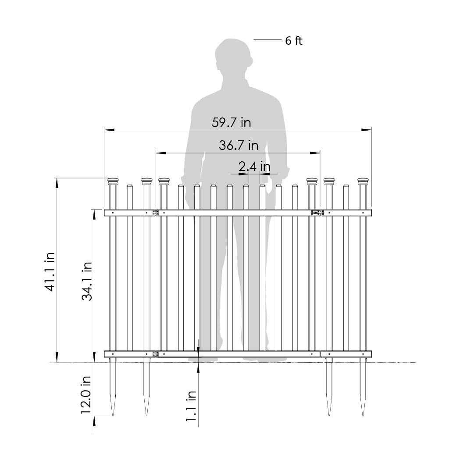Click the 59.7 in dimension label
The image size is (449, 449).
[232, 123]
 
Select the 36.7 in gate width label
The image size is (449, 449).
[239, 145]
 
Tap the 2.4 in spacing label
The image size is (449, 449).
[255, 166]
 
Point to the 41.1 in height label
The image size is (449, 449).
[50, 272]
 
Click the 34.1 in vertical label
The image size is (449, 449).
[87, 281]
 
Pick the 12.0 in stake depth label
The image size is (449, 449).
[86, 395]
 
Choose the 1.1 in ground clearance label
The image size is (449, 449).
[191, 406]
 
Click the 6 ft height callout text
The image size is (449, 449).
[294, 41]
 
